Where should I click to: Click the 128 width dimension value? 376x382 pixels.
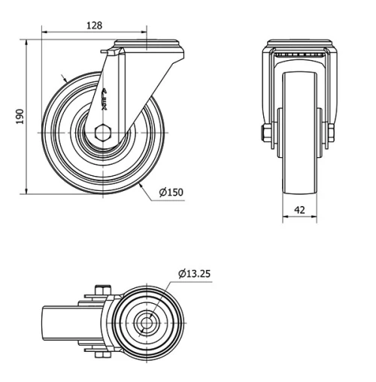[x=94, y=25]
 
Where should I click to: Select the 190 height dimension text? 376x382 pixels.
[x=20, y=117]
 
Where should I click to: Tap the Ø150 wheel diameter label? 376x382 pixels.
[x=171, y=192]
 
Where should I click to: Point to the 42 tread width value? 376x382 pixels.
[x=300, y=211]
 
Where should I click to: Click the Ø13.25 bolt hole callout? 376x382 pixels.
[x=195, y=273]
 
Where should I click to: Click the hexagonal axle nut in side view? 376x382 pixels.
[x=104, y=135]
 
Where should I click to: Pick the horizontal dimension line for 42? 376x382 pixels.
[x=301, y=220]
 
